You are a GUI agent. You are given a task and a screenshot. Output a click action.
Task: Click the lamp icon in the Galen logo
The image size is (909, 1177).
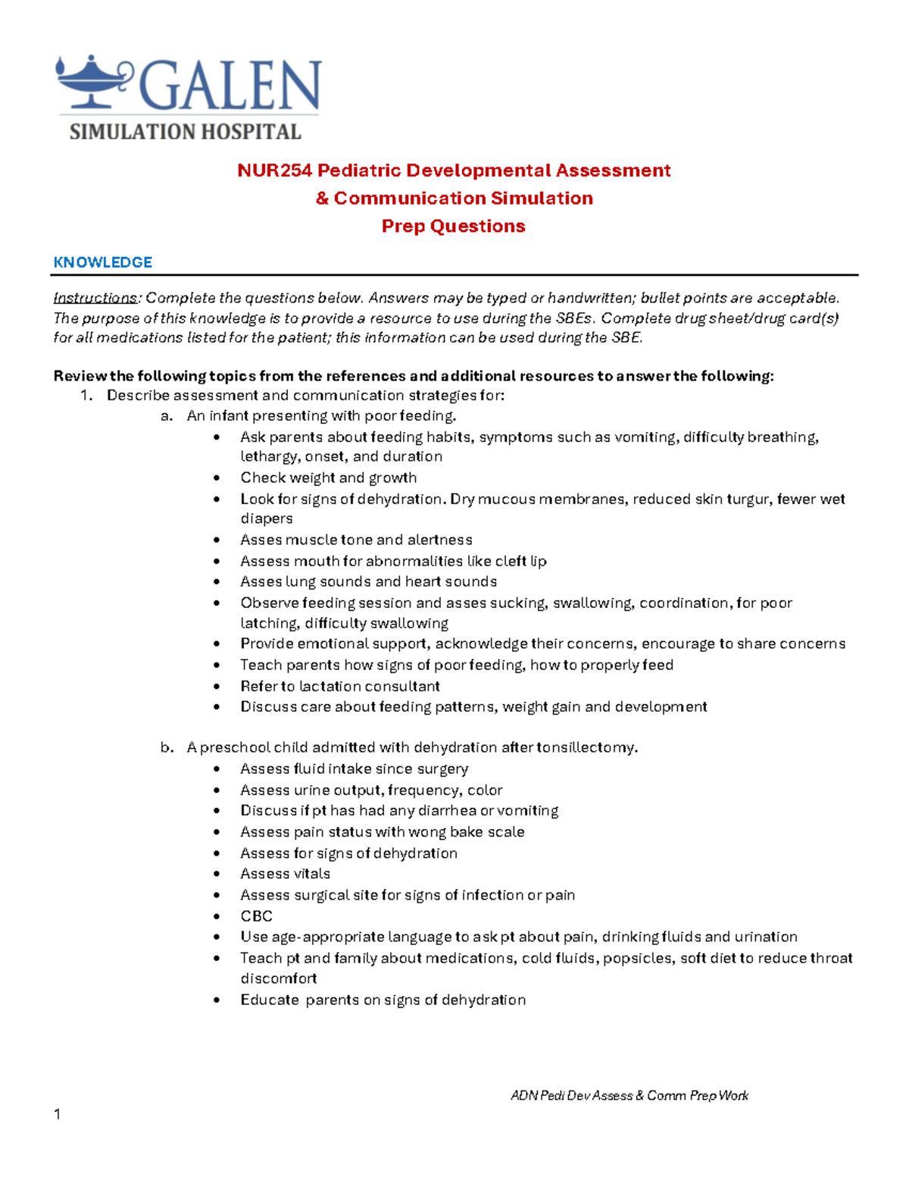(93, 81)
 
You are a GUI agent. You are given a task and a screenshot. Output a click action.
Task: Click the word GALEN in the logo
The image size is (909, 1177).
(231, 86)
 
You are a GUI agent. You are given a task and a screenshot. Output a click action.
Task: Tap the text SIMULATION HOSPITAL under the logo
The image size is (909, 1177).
(186, 132)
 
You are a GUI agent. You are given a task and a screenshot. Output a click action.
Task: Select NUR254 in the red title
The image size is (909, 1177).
(274, 171)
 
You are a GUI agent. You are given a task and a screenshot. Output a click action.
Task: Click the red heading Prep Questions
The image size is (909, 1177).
(453, 226)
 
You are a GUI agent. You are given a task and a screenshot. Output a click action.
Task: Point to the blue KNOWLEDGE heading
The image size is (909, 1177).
(102, 262)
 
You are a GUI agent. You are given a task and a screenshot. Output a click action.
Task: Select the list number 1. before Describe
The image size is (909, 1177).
(86, 396)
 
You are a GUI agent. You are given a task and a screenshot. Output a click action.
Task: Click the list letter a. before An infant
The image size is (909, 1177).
(167, 416)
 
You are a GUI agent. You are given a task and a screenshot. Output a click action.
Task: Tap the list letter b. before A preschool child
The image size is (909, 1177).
(167, 747)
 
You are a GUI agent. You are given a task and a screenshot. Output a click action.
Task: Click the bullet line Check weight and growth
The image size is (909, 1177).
(328, 477)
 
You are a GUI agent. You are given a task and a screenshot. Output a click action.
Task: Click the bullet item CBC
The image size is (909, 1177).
(256, 916)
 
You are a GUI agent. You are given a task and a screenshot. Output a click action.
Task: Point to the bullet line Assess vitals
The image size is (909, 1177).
(285, 874)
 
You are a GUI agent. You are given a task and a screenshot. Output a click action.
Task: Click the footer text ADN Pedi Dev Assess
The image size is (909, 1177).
(572, 1095)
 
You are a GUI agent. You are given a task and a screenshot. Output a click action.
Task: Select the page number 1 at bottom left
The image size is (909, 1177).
(57, 1114)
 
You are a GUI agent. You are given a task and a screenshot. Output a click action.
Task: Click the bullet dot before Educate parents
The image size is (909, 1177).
(217, 1000)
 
